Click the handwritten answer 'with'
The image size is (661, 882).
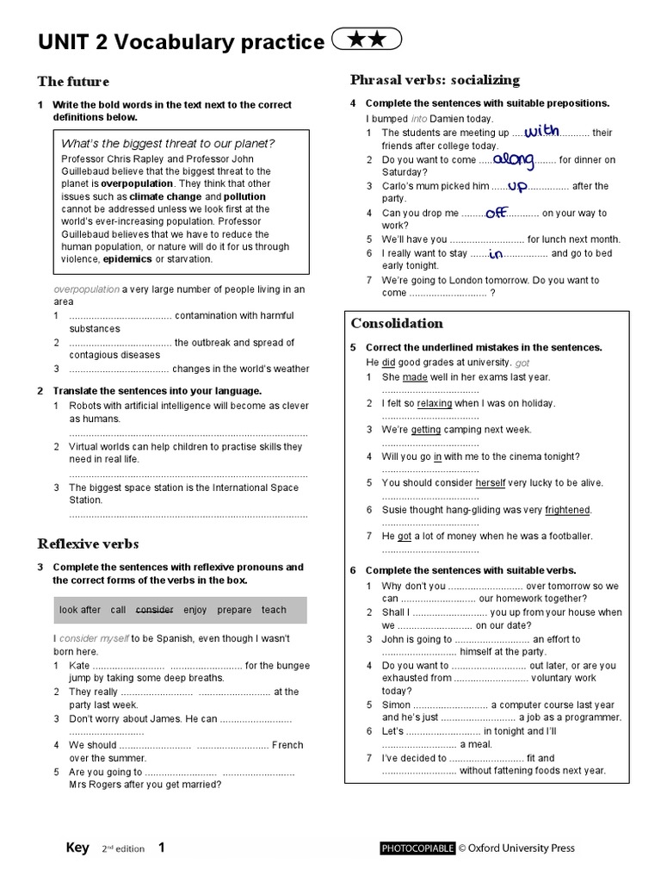coord(541,131)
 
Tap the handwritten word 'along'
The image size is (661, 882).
coord(515,158)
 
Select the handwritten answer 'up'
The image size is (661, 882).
coord(516,185)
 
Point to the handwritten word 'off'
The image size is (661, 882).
coord(498,212)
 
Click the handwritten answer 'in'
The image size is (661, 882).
coord(496,254)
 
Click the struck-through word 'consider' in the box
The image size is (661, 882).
coord(155,610)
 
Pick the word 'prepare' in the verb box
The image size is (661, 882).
coord(235,610)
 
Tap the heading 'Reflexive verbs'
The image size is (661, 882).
coord(88,543)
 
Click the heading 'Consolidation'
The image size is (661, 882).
coord(397,323)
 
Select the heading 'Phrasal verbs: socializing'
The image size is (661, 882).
coord(435,80)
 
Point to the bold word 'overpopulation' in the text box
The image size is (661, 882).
coord(137,183)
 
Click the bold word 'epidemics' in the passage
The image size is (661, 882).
coord(128,258)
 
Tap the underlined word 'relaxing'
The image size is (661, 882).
coord(435,403)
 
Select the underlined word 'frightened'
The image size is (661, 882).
coord(567,510)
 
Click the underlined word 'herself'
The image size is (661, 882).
coord(491,483)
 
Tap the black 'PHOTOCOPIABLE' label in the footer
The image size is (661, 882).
coord(417,848)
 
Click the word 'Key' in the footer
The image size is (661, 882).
coord(77,848)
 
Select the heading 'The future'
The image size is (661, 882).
coord(73,82)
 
